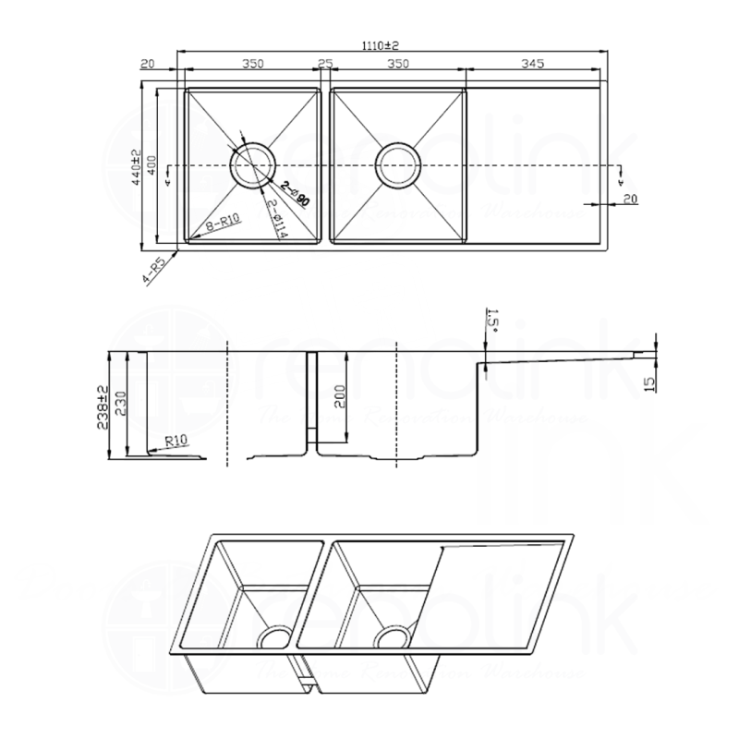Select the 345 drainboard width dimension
coord(533,64)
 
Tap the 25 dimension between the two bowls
coord(324,64)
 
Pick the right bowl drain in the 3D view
coord(392,638)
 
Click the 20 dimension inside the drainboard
coord(631,198)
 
